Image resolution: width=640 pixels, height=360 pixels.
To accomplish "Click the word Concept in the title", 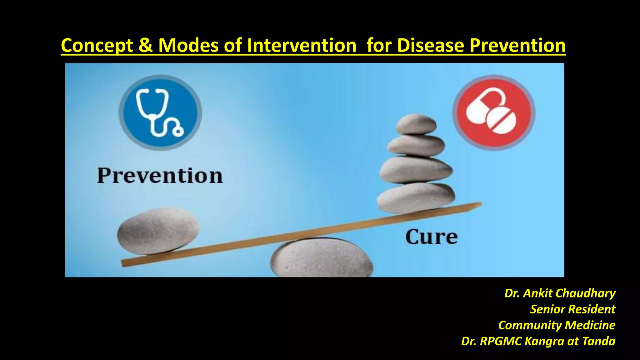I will click(97, 46).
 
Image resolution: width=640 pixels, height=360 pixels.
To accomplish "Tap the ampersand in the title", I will click(145, 45).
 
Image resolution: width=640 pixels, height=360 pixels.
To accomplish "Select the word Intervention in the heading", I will click(302, 45).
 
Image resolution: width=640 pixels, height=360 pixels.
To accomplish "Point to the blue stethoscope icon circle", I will click(160, 112).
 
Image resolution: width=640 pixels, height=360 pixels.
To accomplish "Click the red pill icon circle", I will click(494, 112).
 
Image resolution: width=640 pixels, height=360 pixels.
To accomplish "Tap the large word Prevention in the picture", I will click(160, 176).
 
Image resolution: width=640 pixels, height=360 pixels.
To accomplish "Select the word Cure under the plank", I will click(432, 237).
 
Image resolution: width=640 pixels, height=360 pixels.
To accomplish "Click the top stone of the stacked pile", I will click(416, 124).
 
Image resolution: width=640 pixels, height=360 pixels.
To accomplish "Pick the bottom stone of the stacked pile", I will click(416, 197).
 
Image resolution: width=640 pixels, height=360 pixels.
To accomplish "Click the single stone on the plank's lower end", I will click(158, 231).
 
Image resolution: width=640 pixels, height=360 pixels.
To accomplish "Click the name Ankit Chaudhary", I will click(569, 293).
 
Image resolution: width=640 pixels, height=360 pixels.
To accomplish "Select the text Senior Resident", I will click(572, 309).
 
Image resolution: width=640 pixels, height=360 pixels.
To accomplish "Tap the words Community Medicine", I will click(557, 325).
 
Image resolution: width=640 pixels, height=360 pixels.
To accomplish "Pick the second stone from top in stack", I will click(416, 145).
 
